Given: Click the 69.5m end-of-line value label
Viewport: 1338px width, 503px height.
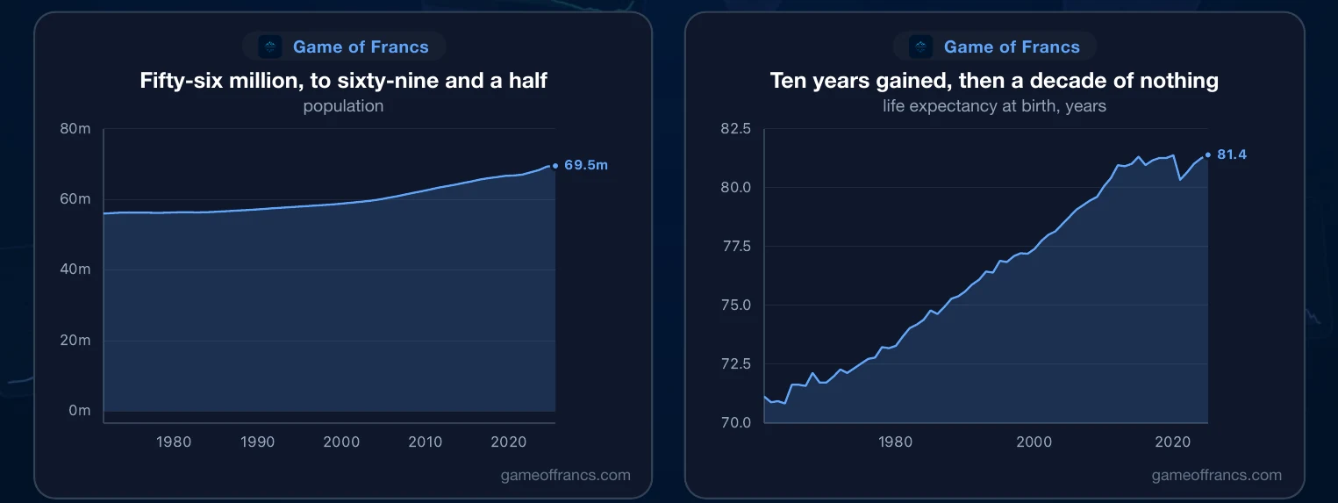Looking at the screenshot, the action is pos(586,165).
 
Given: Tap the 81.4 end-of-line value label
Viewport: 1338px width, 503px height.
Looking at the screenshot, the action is pos(1232,154).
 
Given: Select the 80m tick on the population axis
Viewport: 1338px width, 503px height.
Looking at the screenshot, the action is pos(75,128).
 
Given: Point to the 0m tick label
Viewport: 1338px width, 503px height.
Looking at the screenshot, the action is pos(80,411).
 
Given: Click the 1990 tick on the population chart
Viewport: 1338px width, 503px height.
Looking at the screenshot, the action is pos(257,442).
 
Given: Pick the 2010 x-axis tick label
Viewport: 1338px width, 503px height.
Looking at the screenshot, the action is pos(426,442).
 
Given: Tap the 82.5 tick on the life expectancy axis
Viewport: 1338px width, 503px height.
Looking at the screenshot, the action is pos(735,128).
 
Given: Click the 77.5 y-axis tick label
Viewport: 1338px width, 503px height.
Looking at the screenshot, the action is pos(736,246).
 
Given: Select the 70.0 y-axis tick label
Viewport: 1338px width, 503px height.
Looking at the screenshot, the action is pos(736,422).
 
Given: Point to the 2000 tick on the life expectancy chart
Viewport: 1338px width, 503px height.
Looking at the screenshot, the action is pos(1034,442).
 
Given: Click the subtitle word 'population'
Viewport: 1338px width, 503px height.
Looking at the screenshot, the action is pos(343,106).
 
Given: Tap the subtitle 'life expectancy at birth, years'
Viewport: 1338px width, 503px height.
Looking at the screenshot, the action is pos(995,106).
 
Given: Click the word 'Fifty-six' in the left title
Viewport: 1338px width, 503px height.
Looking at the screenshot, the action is pos(181,81).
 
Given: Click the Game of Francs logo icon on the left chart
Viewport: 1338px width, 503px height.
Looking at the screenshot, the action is pos(270,47).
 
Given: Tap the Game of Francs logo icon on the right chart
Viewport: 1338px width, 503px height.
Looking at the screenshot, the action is pos(920,47).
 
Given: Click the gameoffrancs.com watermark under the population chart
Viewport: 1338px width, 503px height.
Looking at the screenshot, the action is pos(566,475).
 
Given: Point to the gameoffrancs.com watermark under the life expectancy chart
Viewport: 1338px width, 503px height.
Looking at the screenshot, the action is pos(1217,475).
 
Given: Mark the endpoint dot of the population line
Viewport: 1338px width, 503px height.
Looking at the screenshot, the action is pos(555,166).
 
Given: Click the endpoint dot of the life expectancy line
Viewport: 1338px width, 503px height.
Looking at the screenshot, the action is pos(1208,154).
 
